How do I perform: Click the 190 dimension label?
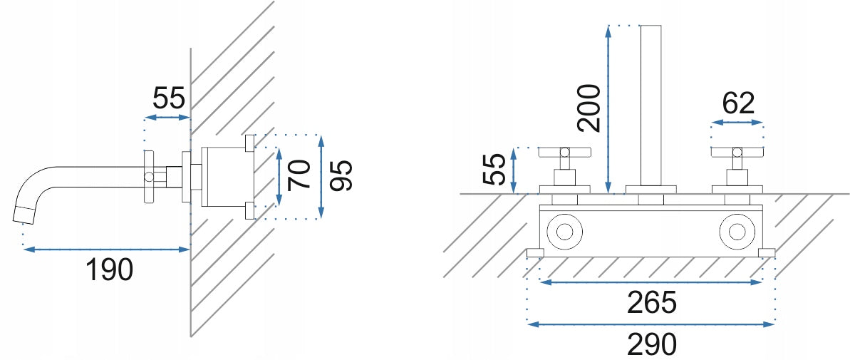pyautogui.click(x=110, y=269)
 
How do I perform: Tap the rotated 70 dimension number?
pyautogui.click(x=299, y=175)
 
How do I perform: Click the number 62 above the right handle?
pyautogui.click(x=738, y=103)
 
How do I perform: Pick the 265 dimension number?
pyautogui.click(x=652, y=302)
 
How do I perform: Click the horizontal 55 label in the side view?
pyautogui.click(x=169, y=98)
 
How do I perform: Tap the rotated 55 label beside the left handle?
pyautogui.click(x=495, y=169)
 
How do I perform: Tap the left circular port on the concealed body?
pyautogui.click(x=564, y=232)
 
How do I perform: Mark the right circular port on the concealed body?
pyautogui.click(x=737, y=232)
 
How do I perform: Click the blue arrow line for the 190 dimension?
pyautogui.click(x=106, y=250)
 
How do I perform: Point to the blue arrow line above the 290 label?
pyautogui.click(x=651, y=324)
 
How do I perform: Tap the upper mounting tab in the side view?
pyautogui.click(x=249, y=143)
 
